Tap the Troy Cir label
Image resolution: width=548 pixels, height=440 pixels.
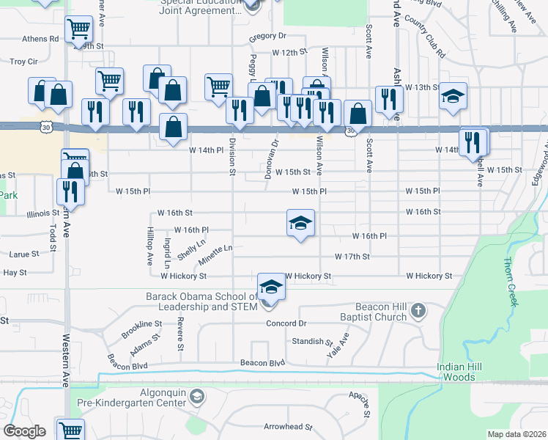click(x=23, y=62)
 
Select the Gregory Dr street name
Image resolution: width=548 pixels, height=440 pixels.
click(x=267, y=36)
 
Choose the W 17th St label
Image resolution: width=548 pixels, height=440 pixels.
click(x=352, y=257)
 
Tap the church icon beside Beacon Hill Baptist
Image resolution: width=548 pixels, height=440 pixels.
click(x=418, y=311)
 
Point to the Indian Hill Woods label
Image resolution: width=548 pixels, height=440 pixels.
click(x=467, y=372)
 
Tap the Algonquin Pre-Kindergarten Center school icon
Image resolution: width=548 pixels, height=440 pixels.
click(x=196, y=397)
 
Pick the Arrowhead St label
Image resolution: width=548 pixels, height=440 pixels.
click(x=288, y=426)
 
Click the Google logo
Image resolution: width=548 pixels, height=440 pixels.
click(x=25, y=431)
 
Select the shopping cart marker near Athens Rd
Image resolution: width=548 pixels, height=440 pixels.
click(x=78, y=30)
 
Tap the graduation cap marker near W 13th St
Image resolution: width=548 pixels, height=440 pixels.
click(x=453, y=95)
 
